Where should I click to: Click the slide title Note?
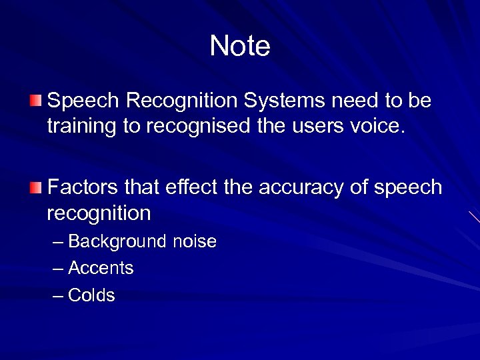(x=240, y=46)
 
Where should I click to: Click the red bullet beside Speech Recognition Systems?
(x=35, y=101)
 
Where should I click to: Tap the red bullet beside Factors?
(x=35, y=186)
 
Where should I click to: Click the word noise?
(x=195, y=241)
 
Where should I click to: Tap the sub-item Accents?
(x=101, y=269)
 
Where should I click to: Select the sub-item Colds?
(x=91, y=295)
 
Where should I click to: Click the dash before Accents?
(x=58, y=269)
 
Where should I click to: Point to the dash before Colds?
(x=58, y=295)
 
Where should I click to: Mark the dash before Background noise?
(x=58, y=241)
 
